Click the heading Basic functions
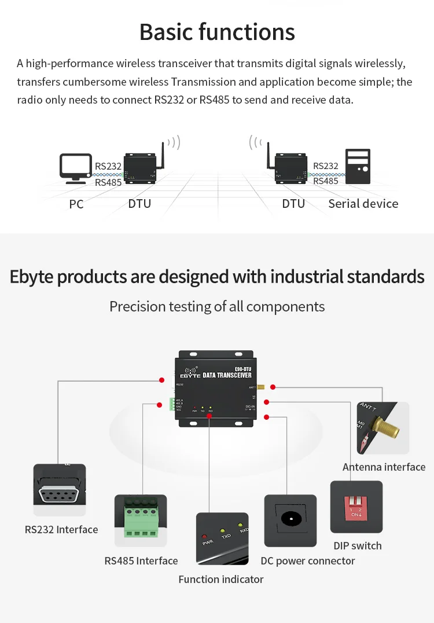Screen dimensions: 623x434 [217, 32]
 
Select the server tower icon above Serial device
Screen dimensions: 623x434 [358, 166]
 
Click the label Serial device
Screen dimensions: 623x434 [363, 204]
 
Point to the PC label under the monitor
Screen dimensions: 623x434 [76, 204]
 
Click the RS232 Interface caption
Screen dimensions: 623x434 [61, 529]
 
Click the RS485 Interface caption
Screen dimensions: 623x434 [141, 560]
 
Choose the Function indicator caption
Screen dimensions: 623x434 [220, 579]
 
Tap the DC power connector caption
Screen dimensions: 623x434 [307, 560]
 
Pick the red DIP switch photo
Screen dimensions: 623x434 [356, 506]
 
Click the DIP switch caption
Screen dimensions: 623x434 [358, 545]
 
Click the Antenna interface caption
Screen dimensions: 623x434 [384, 467]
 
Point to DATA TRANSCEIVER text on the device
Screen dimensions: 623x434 [227, 376]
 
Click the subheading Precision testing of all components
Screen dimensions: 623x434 [217, 306]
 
